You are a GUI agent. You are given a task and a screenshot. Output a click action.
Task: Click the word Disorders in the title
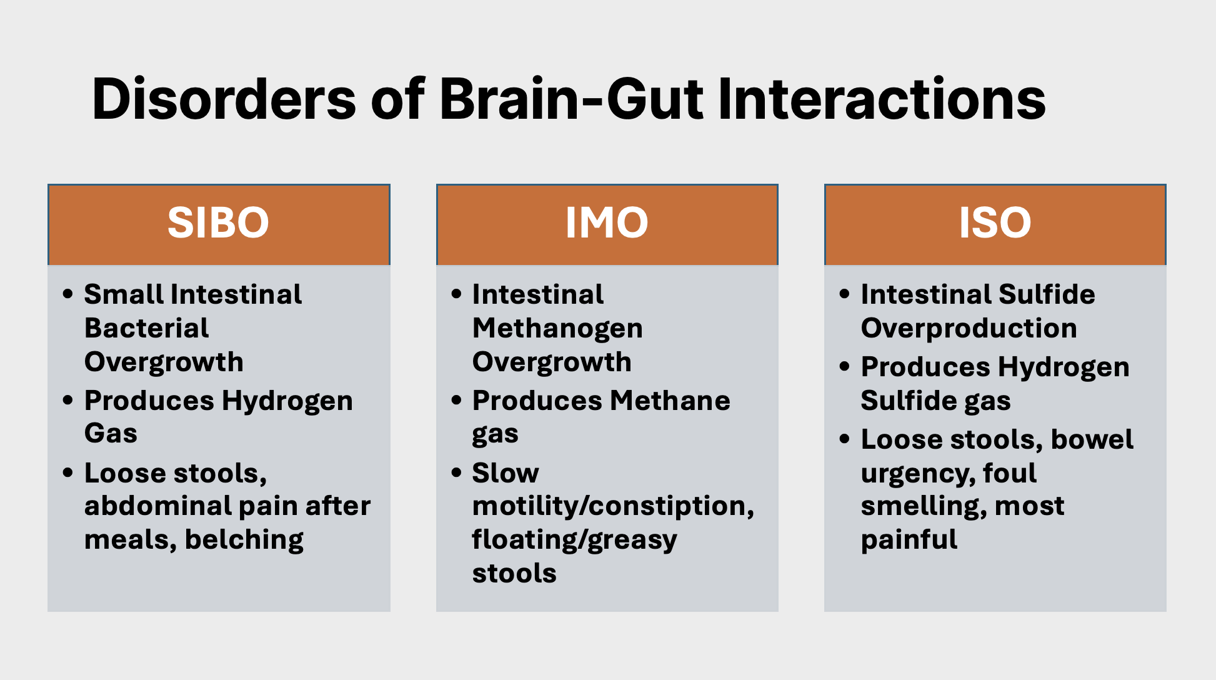224,99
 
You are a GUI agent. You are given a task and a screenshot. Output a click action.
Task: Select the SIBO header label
218,222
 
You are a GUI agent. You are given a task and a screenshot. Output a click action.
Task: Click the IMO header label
607,222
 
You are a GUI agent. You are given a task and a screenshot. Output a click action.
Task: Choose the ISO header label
995,222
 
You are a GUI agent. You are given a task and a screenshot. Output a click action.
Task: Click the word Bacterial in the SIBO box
147,327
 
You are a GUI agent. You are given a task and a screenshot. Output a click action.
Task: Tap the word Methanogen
557,329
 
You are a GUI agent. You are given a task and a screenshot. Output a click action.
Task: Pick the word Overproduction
969,329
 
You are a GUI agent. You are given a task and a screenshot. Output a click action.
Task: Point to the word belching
244,539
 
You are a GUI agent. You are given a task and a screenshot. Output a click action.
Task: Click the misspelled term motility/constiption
613,506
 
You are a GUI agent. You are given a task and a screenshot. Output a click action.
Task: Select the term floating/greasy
574,540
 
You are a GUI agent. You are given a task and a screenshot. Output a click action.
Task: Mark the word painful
909,540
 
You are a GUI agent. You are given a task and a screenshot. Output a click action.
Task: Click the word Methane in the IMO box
670,401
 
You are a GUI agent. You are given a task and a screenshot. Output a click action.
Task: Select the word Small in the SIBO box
124,294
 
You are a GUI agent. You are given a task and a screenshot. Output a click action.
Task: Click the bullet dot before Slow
456,472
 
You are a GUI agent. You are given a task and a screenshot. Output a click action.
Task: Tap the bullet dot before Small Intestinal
68,293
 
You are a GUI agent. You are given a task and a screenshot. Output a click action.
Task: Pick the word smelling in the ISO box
924,506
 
